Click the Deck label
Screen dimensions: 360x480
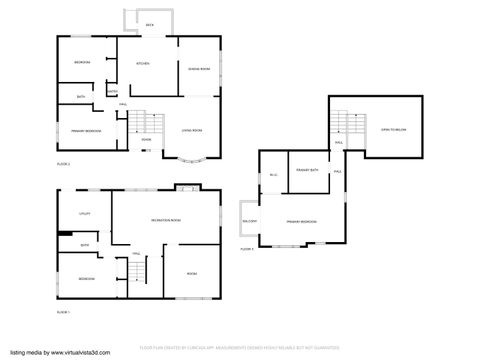point(149,24)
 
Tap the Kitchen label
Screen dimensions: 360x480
point(142,64)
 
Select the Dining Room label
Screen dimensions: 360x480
point(199,68)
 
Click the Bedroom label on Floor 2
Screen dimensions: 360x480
point(82,63)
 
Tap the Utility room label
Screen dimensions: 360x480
point(85,213)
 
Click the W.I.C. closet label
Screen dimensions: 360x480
point(272,176)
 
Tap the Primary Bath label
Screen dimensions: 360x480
point(307,171)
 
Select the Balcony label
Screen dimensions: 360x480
point(249,221)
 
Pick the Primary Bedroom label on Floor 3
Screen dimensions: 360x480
point(303,221)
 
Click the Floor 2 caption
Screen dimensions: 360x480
point(63,162)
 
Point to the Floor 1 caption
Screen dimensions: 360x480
point(63,312)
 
